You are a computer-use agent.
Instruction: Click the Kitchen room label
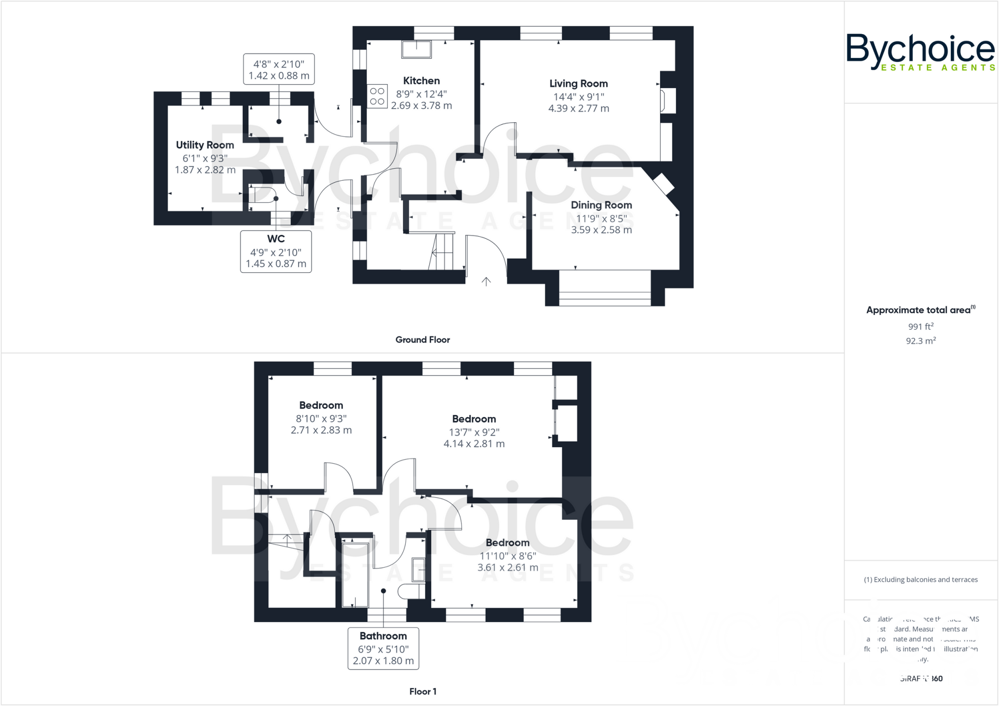(x=421, y=81)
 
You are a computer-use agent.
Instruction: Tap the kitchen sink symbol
(x=417, y=49)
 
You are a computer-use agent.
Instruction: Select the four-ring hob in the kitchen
(x=377, y=96)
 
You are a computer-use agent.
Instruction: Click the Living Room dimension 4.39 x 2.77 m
(x=579, y=109)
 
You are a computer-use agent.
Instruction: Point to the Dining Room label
(x=601, y=205)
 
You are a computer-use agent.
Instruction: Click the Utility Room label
(x=205, y=145)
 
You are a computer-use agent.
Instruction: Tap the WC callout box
(x=276, y=251)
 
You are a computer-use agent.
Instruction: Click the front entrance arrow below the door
(x=486, y=282)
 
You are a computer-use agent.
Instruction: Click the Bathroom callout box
(x=383, y=649)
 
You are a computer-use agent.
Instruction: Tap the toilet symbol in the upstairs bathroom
(x=410, y=592)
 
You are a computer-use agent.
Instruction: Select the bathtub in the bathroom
(x=355, y=575)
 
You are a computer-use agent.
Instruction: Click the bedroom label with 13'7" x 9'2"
(x=474, y=419)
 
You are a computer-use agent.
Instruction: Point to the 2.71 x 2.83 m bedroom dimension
(x=321, y=430)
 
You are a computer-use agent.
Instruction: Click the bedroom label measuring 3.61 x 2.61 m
(x=507, y=543)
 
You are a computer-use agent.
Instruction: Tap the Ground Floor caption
(x=422, y=340)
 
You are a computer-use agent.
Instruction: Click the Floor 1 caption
(x=422, y=691)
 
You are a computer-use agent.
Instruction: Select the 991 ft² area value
(x=920, y=326)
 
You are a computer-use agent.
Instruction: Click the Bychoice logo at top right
(x=920, y=52)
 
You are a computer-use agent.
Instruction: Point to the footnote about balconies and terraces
(x=920, y=580)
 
